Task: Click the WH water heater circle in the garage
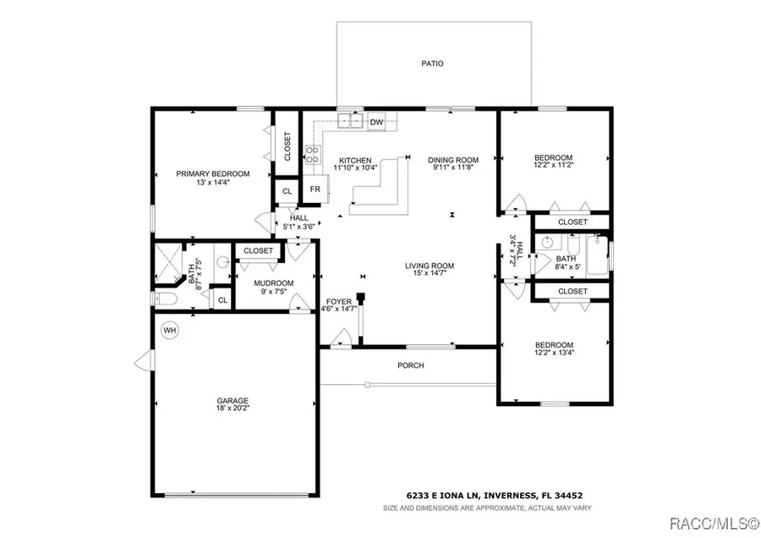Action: [x=169, y=331]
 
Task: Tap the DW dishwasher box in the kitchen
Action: [x=376, y=123]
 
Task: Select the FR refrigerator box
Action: [x=315, y=189]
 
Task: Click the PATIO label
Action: [x=432, y=63]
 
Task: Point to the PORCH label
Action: [x=411, y=365]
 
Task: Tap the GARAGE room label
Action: [x=233, y=401]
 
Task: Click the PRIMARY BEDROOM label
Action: [x=212, y=173]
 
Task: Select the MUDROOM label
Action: [x=274, y=283]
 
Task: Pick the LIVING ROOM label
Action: [x=430, y=266]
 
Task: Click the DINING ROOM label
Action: [x=453, y=160]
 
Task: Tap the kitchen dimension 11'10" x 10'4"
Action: [x=355, y=167]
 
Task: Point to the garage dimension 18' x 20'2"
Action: [x=233, y=408]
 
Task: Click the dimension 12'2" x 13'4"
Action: [x=554, y=353]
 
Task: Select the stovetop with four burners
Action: [x=313, y=155]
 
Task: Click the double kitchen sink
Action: [x=351, y=120]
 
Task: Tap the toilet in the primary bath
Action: [x=164, y=298]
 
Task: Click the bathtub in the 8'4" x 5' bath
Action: [x=598, y=255]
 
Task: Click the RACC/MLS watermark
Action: [x=714, y=524]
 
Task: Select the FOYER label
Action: [x=339, y=301]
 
